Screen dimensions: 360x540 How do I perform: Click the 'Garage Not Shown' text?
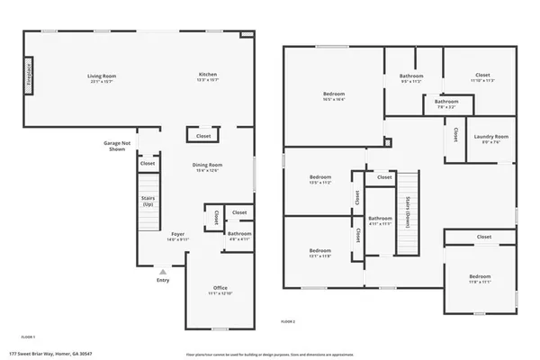point(118,145)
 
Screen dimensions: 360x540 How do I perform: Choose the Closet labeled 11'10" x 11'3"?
point(482,76)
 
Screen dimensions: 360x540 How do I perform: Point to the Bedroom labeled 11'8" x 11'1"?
point(480,278)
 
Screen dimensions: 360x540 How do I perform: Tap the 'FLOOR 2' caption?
point(288,321)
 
